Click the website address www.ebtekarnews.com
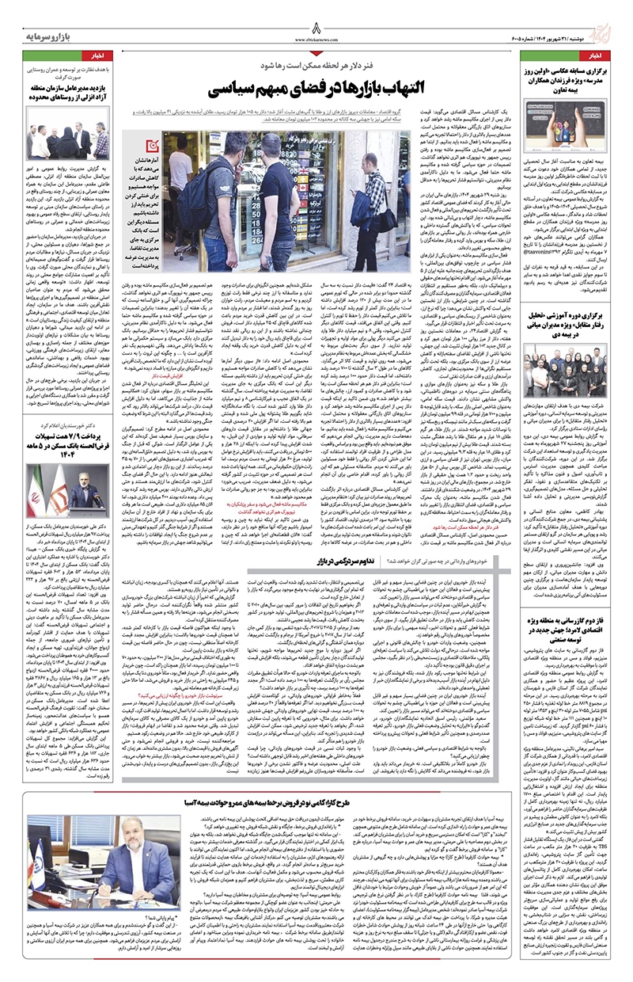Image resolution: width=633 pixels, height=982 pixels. click(316, 37)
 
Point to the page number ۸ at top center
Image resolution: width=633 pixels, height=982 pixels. click(316, 21)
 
